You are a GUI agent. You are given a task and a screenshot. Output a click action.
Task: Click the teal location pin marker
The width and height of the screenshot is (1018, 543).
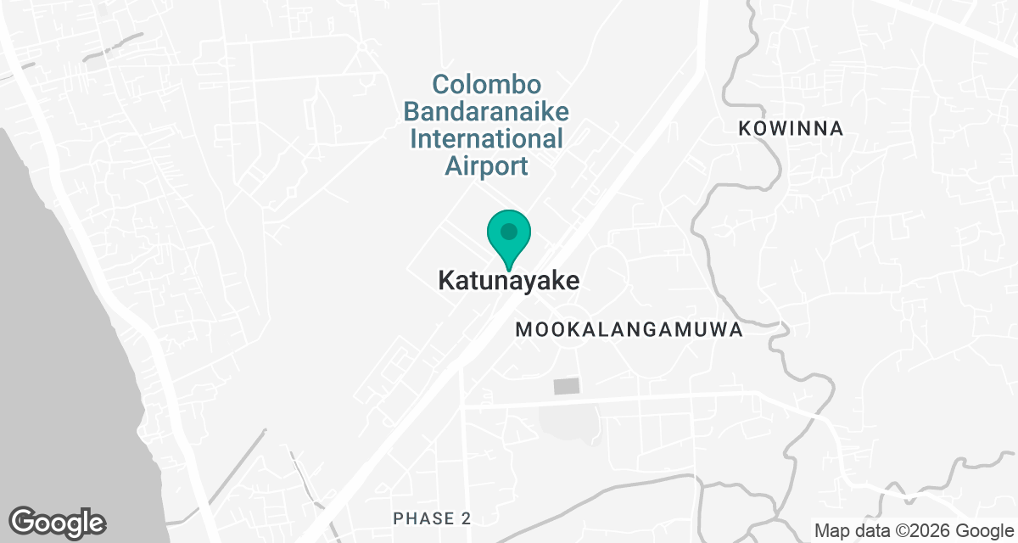coord(508,238)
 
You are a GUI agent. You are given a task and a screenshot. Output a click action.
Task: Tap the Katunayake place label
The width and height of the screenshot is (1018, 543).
coord(509,281)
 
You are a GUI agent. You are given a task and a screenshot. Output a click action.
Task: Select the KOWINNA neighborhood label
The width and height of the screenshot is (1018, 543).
coord(791,129)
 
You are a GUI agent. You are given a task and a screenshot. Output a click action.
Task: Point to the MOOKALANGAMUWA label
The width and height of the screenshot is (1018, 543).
coord(629,330)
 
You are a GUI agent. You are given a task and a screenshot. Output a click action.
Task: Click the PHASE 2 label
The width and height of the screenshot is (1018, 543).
coord(432,518)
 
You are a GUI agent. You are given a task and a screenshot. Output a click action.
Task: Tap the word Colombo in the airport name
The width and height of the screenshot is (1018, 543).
coord(487,86)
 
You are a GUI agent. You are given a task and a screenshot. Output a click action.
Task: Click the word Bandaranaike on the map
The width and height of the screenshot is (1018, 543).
coord(486,112)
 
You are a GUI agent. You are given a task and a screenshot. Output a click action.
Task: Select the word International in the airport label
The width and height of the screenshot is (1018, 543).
coord(486,138)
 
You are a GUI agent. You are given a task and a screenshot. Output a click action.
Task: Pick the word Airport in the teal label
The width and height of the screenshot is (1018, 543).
coord(486,165)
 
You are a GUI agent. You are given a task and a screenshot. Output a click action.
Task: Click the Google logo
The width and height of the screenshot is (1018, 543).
coord(58,521)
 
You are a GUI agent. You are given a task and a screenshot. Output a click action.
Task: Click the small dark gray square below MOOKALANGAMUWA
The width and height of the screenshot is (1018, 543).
coord(566,387)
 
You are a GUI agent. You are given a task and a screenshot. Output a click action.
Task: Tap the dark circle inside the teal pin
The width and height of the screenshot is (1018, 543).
coord(508,231)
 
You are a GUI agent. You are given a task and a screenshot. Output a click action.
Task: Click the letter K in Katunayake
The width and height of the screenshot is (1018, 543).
coord(445,281)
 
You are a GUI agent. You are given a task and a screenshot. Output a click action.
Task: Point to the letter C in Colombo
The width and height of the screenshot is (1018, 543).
coord(440,86)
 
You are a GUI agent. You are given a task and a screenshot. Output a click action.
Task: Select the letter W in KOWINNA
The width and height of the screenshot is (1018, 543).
coord(782,129)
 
